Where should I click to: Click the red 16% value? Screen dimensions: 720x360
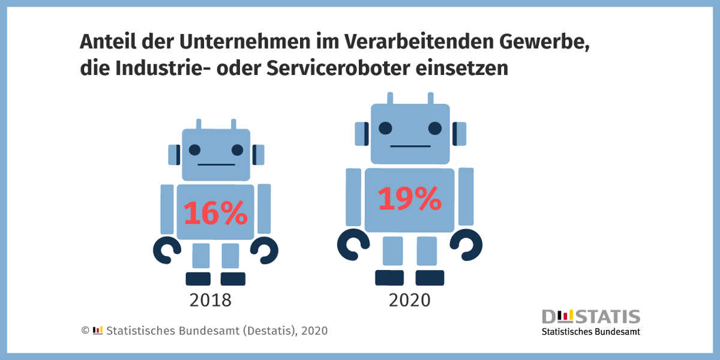pos(215,212)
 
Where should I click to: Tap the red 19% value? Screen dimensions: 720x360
pos(409,199)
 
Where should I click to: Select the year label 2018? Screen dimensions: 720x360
pos(210,300)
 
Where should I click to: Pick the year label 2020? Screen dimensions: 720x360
pos(409,300)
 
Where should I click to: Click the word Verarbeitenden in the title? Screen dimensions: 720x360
pos(419,41)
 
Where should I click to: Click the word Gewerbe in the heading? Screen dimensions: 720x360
pos(545,42)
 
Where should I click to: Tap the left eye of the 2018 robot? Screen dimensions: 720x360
pos(194,150)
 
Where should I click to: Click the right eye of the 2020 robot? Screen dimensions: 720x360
pos(435,128)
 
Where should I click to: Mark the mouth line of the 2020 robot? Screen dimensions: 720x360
pos(410,146)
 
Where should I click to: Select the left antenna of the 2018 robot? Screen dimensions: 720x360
pos(199,124)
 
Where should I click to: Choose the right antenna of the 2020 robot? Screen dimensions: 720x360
pos(431,98)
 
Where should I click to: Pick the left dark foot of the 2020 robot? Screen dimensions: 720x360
pos(389,278)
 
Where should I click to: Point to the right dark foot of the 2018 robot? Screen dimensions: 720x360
pos(233,279)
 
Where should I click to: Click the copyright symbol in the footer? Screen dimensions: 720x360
pos(85,331)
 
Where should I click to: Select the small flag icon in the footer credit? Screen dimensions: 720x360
pos(98,330)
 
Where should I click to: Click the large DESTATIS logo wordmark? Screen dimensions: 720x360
pos(591,317)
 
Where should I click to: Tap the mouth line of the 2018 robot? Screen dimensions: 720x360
pos(217,164)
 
